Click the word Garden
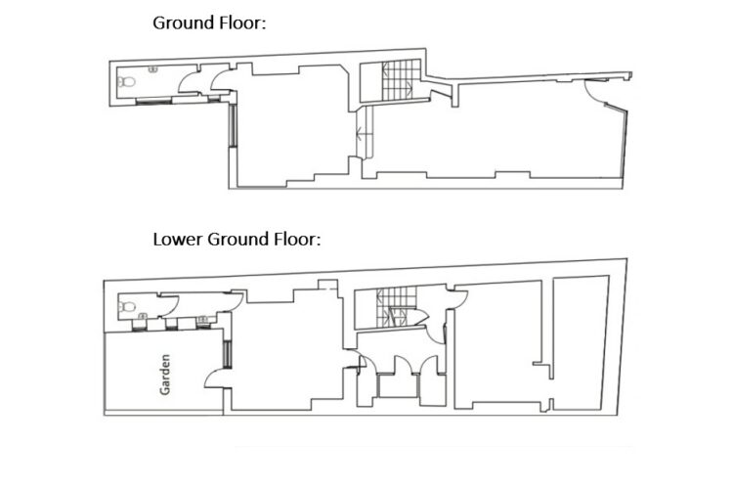164,375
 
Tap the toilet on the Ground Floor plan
126,82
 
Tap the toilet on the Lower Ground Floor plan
127,307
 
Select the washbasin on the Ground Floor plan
152,69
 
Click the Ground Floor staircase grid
398,80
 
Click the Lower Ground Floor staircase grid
396,306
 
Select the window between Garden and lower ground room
227,354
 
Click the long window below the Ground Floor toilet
153,100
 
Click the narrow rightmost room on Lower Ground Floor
580,343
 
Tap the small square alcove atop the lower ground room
327,285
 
